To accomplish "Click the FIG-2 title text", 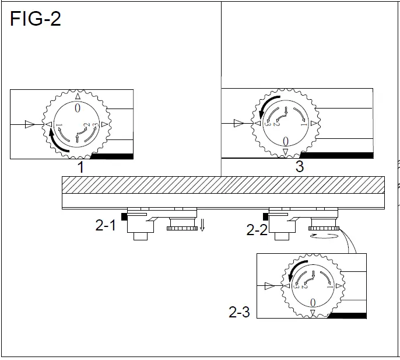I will coord(36,19).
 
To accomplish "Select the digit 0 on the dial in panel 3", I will coord(285,141).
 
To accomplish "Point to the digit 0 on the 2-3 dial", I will coord(313,302).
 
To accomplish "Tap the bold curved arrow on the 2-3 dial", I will coord(294,269).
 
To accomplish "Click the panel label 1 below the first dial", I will coord(81,167).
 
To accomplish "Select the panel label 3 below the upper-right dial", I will coord(299,167).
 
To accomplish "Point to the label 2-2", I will coord(257,230).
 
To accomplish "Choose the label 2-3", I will coord(239,313).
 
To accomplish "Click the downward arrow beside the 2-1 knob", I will coord(202,225).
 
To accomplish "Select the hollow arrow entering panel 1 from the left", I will coord(29,124).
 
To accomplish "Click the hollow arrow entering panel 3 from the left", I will coord(238,123).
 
